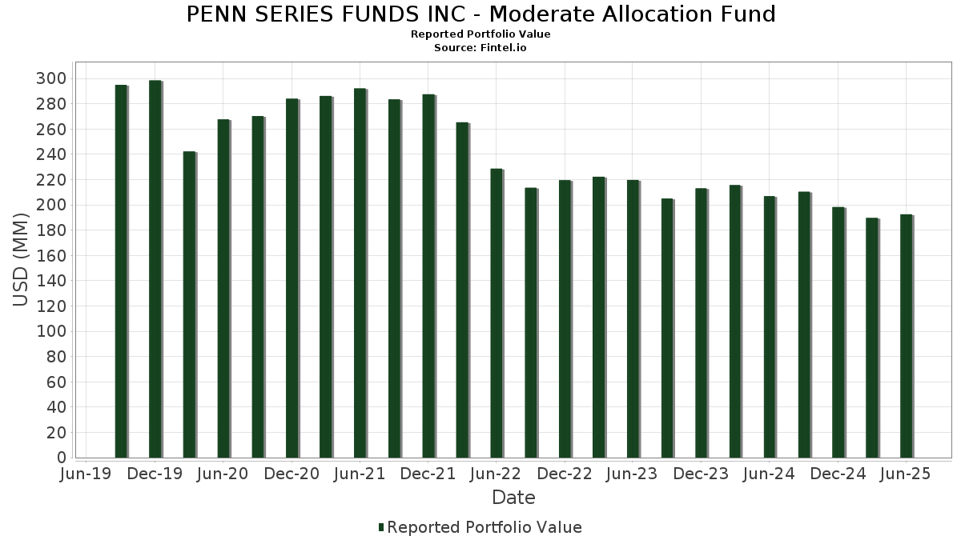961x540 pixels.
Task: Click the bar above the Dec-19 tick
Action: coord(155,269)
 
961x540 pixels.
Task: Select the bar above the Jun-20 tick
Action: coord(223,289)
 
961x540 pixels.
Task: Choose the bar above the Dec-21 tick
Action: coord(428,276)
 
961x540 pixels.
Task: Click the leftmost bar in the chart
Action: coord(121,271)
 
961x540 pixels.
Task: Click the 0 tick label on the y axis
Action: coord(61,458)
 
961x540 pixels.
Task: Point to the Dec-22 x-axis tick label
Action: coord(565,474)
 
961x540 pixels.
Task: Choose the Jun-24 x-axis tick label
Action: coord(769,474)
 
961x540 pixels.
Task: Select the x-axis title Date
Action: coord(513,498)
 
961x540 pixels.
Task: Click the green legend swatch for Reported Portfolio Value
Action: coord(381,527)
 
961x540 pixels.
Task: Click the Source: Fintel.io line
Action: coord(480,48)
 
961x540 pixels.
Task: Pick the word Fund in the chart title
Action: coord(750,14)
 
